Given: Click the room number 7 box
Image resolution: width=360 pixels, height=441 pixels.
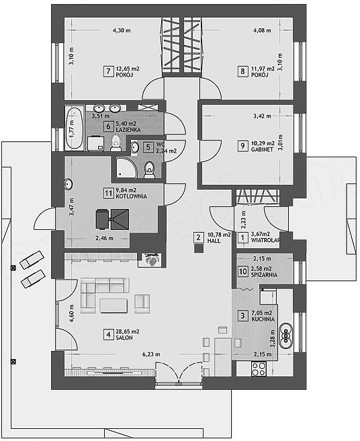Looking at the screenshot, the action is (x=108, y=71).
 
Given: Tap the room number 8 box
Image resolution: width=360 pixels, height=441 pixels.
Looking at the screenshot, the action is (x=242, y=71).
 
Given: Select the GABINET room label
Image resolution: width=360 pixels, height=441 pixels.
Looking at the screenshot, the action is (x=262, y=150).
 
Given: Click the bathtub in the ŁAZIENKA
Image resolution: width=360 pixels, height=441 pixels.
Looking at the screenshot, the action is (x=75, y=128).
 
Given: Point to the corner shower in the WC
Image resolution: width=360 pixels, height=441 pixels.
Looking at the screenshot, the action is (x=126, y=167).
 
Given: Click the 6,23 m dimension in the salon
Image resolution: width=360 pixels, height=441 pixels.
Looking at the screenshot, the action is (x=151, y=354).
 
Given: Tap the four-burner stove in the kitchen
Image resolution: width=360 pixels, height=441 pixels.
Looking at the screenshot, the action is (x=259, y=368).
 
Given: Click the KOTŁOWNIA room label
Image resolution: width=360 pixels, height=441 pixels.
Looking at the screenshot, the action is (x=131, y=196).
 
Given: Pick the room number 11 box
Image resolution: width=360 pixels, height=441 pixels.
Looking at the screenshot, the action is (x=108, y=194).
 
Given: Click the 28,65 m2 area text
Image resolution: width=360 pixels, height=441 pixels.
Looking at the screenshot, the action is (x=128, y=331).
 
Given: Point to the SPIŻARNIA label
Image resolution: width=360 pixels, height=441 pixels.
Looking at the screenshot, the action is (x=265, y=275).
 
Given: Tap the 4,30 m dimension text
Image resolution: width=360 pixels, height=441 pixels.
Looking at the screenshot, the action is (x=122, y=30).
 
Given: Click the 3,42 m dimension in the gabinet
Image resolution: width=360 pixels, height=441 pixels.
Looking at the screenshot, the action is (x=262, y=116).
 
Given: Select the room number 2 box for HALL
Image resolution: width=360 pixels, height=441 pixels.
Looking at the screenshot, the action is (x=198, y=237).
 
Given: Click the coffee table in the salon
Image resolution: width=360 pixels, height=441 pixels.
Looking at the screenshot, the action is (x=114, y=305).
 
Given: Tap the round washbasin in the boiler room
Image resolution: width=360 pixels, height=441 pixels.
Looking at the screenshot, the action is (x=69, y=184).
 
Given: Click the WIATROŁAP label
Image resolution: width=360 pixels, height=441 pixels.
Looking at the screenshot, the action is (x=265, y=240).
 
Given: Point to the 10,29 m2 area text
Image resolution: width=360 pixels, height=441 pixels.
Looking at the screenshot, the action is (x=263, y=143).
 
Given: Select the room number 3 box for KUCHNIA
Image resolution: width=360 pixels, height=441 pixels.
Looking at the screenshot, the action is (x=242, y=315).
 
